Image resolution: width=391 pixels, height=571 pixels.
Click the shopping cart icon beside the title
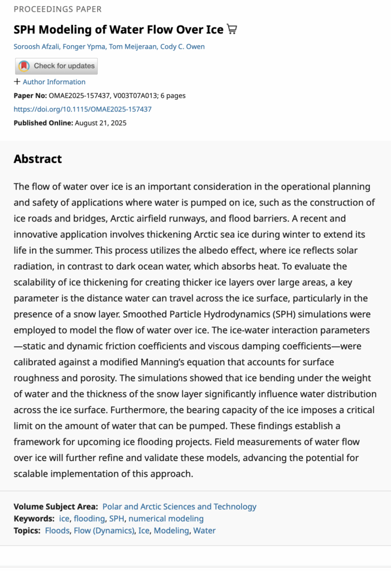click(x=232, y=30)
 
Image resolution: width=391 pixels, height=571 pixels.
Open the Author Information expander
click(x=50, y=81)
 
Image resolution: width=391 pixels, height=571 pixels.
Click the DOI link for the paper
click(x=83, y=109)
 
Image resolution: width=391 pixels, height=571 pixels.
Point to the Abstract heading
click(x=37, y=159)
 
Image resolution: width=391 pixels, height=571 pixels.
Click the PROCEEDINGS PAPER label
click(x=57, y=9)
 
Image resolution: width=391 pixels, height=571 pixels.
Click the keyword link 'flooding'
click(x=89, y=519)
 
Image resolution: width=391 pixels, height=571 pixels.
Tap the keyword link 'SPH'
click(x=117, y=519)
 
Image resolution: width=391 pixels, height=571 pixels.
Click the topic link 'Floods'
click(x=57, y=530)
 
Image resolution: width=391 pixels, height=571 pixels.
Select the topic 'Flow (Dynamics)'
click(x=104, y=530)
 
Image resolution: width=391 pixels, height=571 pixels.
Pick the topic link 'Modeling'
click(x=171, y=530)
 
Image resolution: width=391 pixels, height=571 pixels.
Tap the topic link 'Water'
click(x=204, y=530)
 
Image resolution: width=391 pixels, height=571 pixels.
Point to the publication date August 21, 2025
click(x=100, y=123)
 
